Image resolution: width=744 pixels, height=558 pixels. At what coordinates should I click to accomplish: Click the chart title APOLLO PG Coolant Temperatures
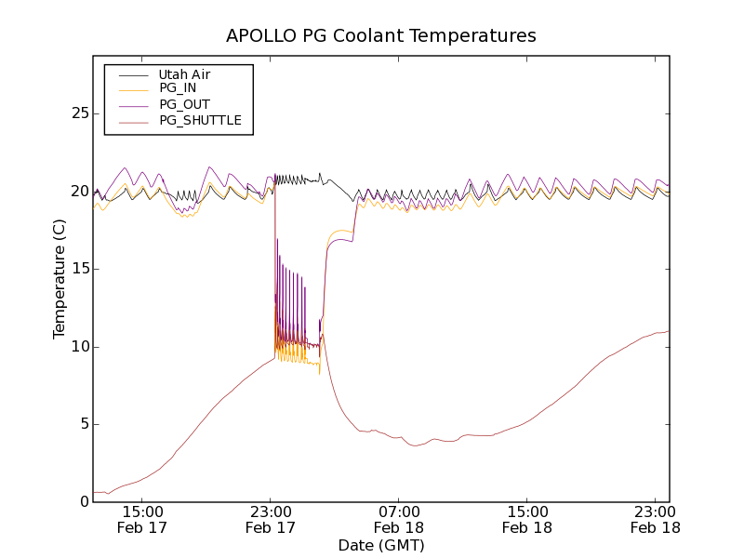tap(381, 36)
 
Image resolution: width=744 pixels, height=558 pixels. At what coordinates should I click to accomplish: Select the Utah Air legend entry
tap(184, 73)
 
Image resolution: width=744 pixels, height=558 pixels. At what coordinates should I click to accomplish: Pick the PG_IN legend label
tap(178, 88)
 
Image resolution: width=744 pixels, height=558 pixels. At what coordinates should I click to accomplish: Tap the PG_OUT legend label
tap(184, 104)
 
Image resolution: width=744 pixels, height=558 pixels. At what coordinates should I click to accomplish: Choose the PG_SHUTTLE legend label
tap(200, 120)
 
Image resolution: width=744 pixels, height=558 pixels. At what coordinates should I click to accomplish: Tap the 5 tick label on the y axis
tap(82, 424)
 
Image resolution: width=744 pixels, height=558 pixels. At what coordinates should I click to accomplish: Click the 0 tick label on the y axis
tap(82, 502)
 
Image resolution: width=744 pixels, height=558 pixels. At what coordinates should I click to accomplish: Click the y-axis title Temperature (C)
tap(60, 278)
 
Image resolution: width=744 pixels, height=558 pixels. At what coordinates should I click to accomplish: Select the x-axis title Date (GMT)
tap(381, 545)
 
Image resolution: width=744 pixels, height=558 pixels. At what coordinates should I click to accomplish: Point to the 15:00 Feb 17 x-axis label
tap(142, 519)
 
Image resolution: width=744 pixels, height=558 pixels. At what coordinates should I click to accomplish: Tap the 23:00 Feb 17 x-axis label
tap(271, 519)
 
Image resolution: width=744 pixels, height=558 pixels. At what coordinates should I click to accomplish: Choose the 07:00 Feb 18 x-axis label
tap(399, 519)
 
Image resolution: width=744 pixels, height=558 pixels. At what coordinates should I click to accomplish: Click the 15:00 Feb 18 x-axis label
tap(527, 519)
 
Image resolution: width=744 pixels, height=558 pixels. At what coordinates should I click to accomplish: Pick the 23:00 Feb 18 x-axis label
tap(656, 519)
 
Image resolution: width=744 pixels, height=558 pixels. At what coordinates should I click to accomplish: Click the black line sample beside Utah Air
tap(133, 73)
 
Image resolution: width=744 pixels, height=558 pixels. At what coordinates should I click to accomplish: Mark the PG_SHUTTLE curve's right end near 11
tap(668, 331)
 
